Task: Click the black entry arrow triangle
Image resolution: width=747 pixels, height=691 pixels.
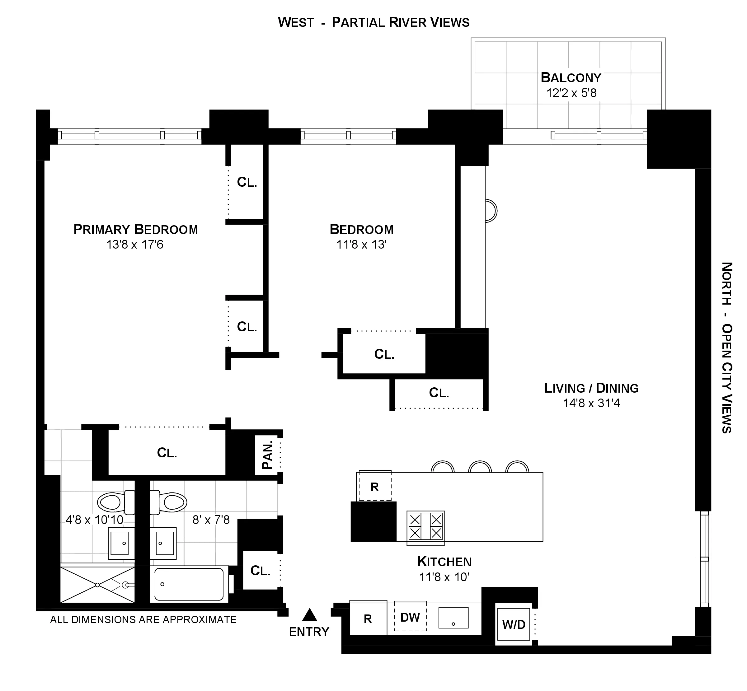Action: pos(309,615)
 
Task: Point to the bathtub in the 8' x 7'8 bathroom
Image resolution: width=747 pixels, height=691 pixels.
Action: pos(189,584)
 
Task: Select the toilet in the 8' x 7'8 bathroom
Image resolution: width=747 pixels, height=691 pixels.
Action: pos(169,502)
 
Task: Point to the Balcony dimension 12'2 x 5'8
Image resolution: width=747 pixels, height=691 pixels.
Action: pos(571,93)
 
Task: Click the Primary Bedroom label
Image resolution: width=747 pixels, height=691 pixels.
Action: pos(135,229)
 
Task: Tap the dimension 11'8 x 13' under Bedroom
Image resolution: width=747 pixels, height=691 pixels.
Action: pos(361,245)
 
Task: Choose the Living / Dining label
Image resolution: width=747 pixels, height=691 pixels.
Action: pos(591,388)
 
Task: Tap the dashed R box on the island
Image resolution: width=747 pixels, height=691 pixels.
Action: pos(375,487)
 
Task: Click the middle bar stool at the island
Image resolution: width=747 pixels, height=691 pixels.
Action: pos(480,467)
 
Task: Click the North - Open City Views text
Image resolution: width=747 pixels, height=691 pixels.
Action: pos(726,348)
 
